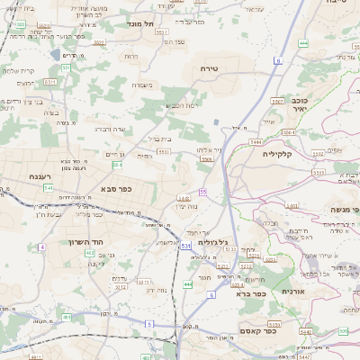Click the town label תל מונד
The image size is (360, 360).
point(142,22)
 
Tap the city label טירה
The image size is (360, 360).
point(222,67)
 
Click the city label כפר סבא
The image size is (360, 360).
point(118,190)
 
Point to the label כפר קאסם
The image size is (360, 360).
point(284,330)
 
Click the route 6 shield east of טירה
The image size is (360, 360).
point(278,60)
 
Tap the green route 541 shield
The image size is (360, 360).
point(48,187)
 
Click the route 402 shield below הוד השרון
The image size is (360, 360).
point(89,255)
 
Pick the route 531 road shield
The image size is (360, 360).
point(185,245)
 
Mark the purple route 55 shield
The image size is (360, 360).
point(203,192)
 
